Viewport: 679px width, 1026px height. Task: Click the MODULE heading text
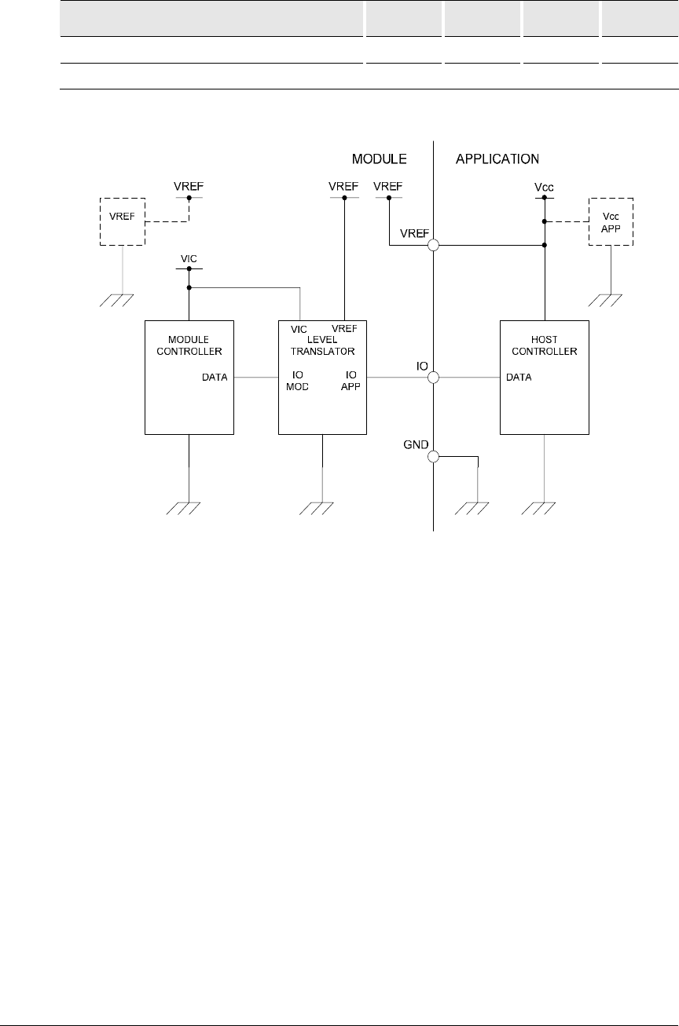pos(378,159)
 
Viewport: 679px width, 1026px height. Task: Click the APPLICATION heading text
pos(497,159)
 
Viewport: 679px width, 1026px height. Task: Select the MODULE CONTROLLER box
pos(189,377)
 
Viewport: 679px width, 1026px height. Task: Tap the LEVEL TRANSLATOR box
pos(323,377)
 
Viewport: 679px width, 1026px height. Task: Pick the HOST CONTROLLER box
pos(545,377)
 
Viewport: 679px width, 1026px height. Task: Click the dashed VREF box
pos(122,221)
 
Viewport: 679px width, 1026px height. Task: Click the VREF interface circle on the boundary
pos(433,246)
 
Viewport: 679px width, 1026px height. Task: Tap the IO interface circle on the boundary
pos(433,378)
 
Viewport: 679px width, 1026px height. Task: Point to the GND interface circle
pos(433,456)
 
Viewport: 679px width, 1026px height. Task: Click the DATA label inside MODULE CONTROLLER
pos(215,378)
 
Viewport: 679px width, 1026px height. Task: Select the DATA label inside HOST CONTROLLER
pos(519,378)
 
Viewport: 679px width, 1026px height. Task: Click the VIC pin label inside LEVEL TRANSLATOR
pos(299,328)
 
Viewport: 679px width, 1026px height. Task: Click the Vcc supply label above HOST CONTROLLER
pos(544,187)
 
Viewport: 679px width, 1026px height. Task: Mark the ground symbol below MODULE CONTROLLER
pos(189,509)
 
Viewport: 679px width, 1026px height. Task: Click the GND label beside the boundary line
pos(415,444)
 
